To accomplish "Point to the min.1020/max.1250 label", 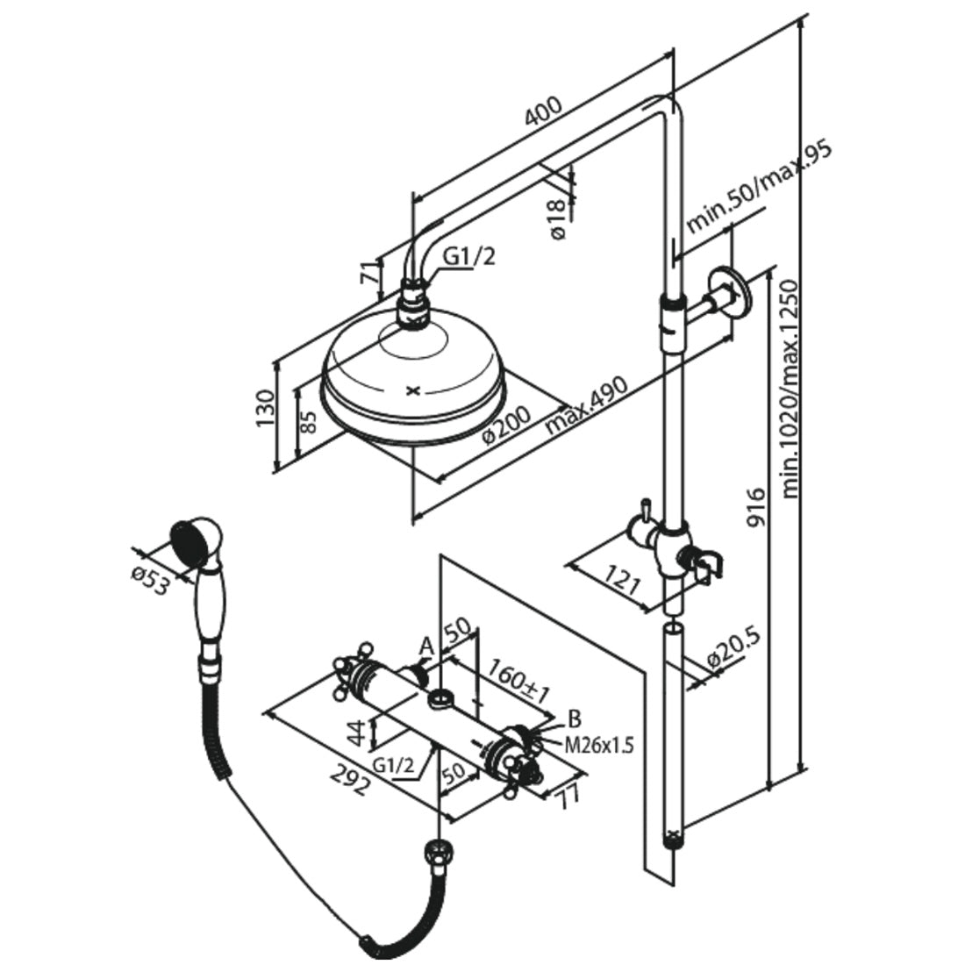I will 791,389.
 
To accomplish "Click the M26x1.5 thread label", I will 598,747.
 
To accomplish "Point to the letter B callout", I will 575,719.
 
